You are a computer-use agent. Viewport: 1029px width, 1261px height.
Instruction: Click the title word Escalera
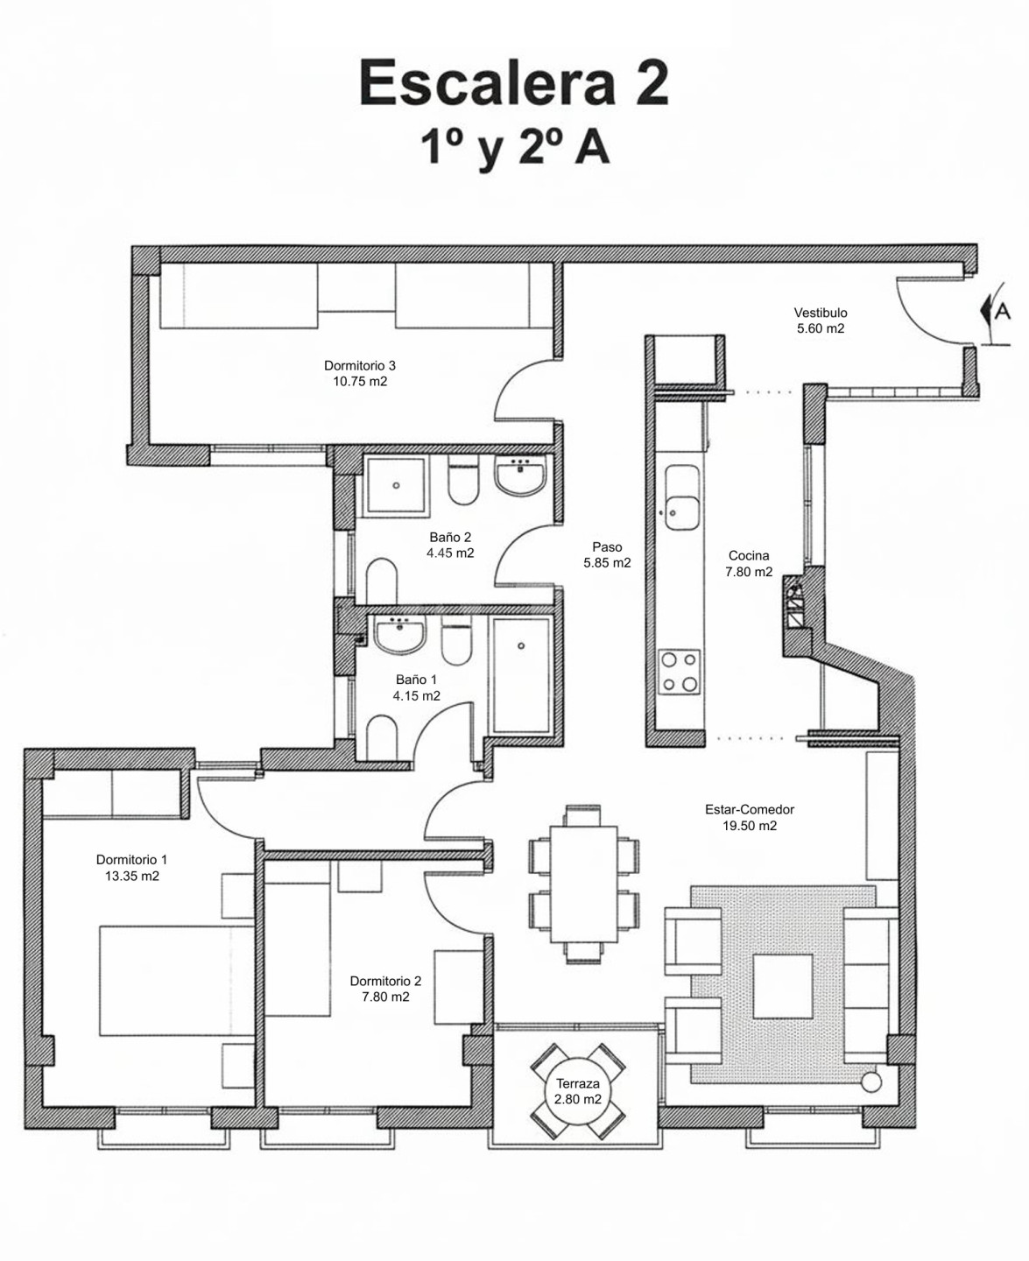[487, 83]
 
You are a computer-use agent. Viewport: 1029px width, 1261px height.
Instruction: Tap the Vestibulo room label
[821, 312]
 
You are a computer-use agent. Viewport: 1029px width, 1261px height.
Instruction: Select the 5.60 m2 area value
[821, 328]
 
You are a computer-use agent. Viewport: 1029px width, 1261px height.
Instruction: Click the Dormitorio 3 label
[359, 365]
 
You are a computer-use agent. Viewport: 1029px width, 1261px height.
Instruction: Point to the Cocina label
[749, 555]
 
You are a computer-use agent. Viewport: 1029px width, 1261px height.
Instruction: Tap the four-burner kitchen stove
[680, 672]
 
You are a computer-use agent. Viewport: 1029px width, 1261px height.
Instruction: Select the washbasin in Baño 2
[520, 476]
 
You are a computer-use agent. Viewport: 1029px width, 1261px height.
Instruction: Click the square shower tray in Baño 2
[397, 485]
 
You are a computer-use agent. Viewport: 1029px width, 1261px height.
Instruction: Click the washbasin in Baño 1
[399, 635]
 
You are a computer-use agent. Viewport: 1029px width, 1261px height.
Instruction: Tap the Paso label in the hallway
[607, 546]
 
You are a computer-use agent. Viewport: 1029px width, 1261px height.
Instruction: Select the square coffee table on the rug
[783, 987]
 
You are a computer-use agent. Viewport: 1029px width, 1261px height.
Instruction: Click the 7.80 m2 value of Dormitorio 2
[385, 997]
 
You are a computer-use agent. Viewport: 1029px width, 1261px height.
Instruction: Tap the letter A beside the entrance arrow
[1003, 312]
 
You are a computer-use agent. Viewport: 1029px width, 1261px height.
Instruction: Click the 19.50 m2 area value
[749, 826]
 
